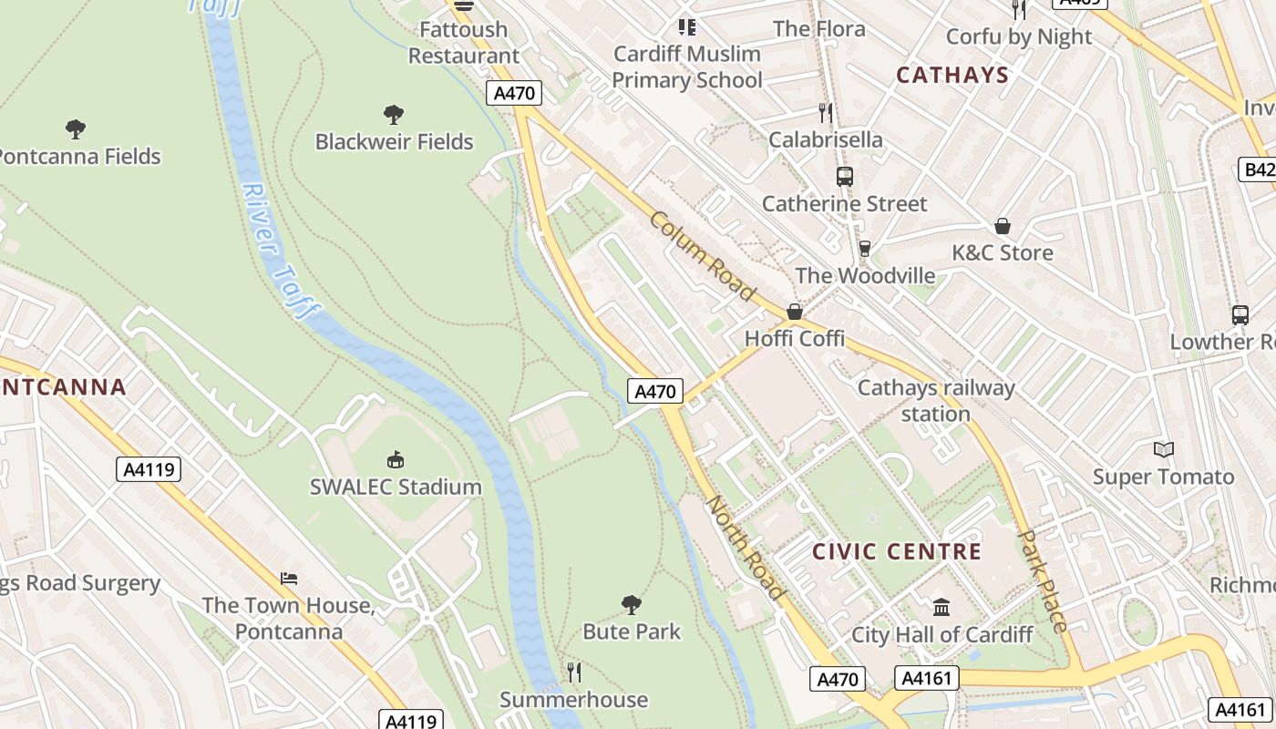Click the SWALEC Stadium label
(x=396, y=487)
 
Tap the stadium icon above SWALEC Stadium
(x=396, y=459)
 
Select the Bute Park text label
(x=632, y=631)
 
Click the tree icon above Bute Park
(x=631, y=604)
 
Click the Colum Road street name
(x=703, y=256)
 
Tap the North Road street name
(x=746, y=548)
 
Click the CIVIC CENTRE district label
(x=897, y=551)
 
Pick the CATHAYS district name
(x=952, y=75)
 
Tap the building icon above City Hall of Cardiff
(x=942, y=607)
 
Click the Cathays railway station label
(x=936, y=401)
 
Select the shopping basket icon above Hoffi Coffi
(x=795, y=312)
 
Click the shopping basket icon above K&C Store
(x=1003, y=226)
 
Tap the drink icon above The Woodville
(x=865, y=249)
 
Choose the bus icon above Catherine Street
(x=844, y=177)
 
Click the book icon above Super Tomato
(x=1163, y=449)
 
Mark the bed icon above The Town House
(x=289, y=578)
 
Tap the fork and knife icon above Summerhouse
(x=573, y=673)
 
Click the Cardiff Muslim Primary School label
(x=686, y=67)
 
